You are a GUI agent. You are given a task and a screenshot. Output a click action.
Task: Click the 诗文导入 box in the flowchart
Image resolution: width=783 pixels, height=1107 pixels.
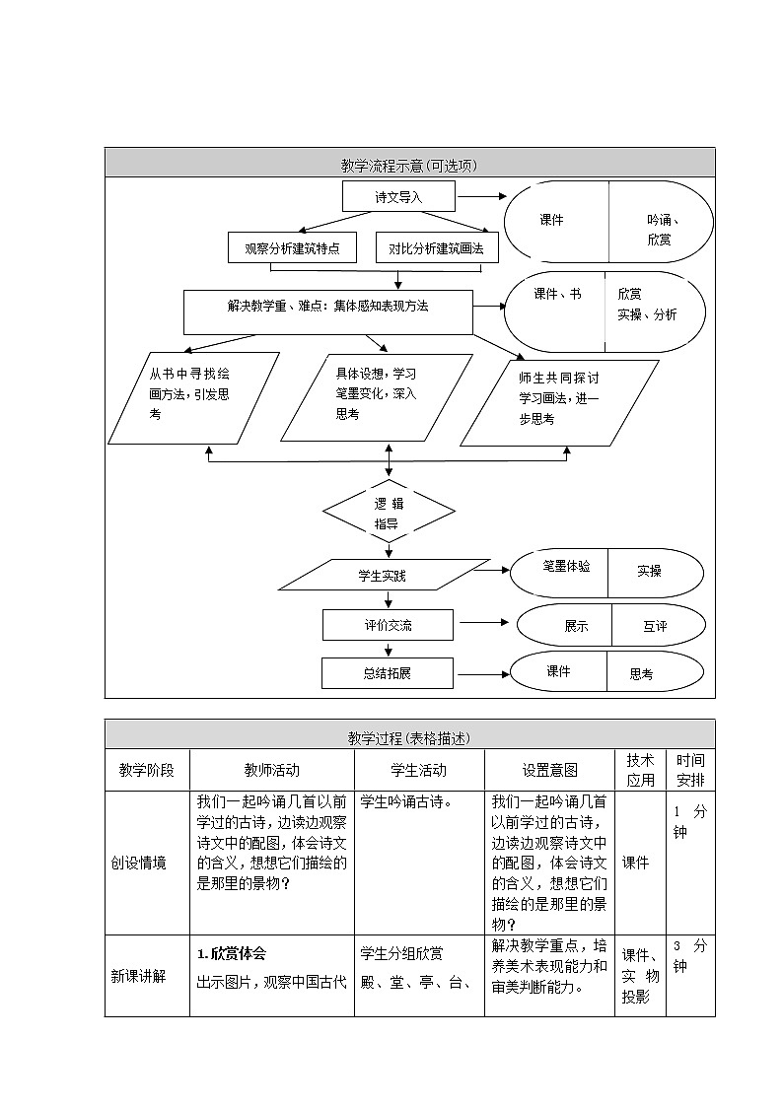click(x=398, y=196)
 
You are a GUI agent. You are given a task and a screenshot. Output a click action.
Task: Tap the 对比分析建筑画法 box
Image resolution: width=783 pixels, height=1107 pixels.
click(x=437, y=249)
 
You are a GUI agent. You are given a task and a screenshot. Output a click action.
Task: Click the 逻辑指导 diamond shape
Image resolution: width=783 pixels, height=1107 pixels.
click(x=390, y=513)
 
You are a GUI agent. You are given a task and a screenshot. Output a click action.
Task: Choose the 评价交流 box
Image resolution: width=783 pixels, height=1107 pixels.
click(x=388, y=625)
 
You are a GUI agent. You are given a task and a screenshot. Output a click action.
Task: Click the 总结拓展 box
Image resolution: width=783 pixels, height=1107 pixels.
click(x=387, y=673)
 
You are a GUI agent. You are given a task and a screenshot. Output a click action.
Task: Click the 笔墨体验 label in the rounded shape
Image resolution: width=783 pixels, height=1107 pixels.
click(x=566, y=567)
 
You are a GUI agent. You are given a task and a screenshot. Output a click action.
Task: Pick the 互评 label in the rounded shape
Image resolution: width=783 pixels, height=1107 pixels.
click(x=655, y=626)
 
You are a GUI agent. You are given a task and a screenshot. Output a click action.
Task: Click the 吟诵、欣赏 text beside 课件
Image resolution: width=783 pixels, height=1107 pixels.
click(x=662, y=231)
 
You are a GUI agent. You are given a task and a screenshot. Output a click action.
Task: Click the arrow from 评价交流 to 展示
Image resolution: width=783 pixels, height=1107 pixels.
click(x=483, y=623)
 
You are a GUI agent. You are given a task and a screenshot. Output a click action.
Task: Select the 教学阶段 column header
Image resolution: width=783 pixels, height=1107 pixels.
click(x=147, y=770)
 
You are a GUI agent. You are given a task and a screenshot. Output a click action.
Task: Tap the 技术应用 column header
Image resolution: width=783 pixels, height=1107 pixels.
click(x=640, y=770)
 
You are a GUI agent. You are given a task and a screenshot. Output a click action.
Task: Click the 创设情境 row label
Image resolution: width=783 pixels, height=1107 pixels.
click(x=138, y=863)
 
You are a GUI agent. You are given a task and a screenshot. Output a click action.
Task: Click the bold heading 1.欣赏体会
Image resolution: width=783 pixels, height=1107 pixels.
click(x=232, y=953)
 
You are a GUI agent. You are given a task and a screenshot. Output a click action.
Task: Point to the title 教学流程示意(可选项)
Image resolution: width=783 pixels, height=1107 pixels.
click(x=409, y=166)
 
